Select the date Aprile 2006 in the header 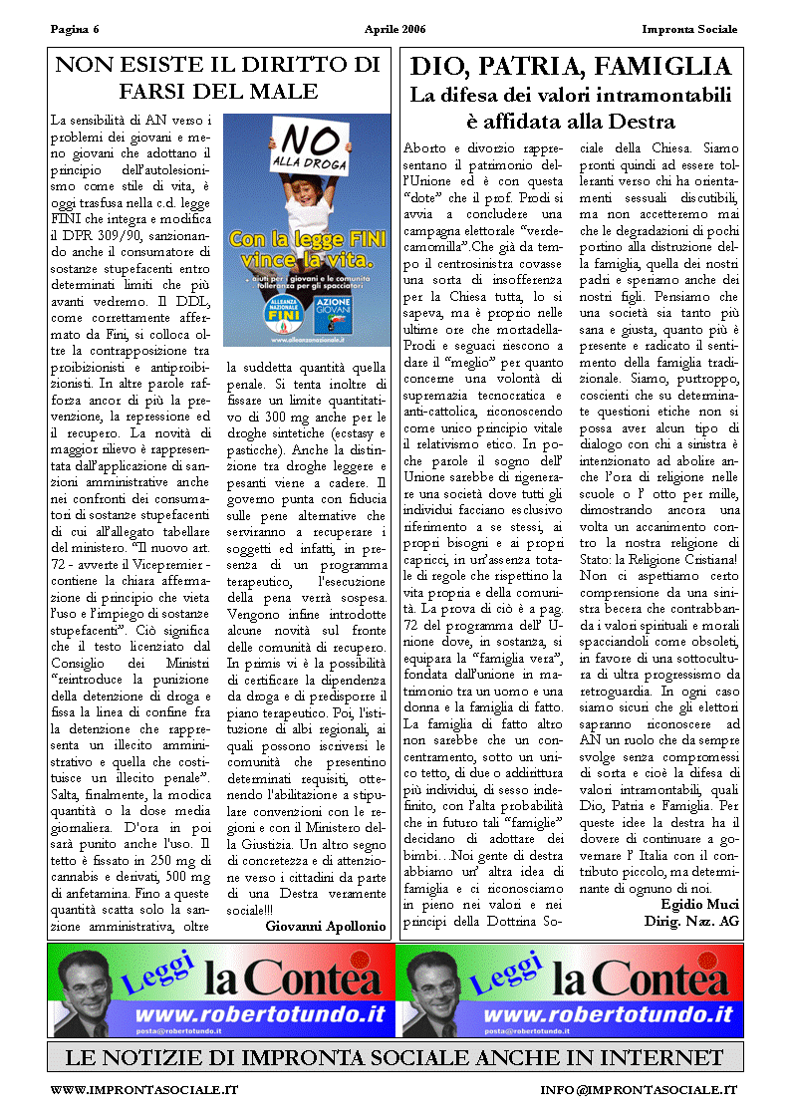click(395, 29)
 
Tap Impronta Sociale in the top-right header click(690, 29)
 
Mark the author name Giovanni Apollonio click(326, 926)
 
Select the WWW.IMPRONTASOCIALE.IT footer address click(144, 1091)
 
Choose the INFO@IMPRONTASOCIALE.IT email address click(639, 1091)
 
